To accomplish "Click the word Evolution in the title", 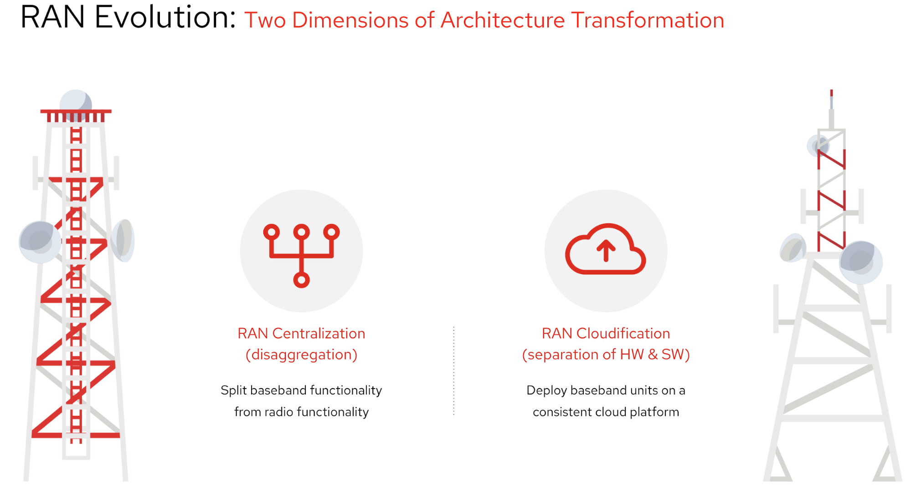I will (165, 17).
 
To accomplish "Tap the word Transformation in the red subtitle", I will (648, 20).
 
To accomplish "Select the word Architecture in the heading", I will (503, 20).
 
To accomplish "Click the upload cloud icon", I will (605, 250).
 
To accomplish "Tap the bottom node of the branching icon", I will (301, 280).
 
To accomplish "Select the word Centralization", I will (319, 334).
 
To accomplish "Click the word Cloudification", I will (623, 334).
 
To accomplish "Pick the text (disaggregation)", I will (301, 354).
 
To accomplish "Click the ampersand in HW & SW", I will (653, 354).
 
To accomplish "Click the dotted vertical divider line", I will (454, 370).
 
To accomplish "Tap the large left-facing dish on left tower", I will (40, 242).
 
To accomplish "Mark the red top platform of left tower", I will (76, 111).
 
